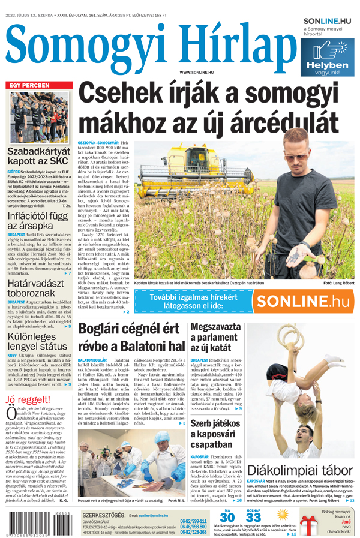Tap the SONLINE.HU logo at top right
(x=328, y=21)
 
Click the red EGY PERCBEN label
(x=29, y=85)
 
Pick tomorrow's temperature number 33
(x=253, y=517)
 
